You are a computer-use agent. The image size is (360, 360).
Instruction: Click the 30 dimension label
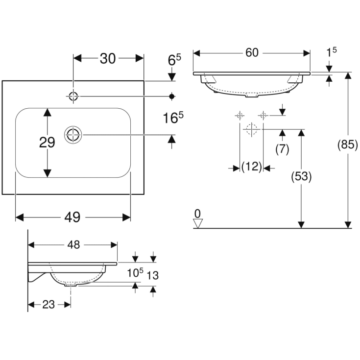pos(108,59)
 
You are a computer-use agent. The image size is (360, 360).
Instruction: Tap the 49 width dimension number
pos(72,217)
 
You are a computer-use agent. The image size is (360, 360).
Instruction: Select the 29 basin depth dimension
pos(47,143)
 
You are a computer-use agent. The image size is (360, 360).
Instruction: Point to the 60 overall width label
pos(252,53)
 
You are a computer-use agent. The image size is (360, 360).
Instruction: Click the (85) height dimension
pos(348,144)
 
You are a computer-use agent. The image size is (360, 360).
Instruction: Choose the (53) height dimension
pos(301,176)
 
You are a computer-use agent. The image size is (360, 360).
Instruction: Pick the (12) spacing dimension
pos(251,166)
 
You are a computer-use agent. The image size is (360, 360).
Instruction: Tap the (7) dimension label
pos(282,149)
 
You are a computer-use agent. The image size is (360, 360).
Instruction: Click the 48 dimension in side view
pos(73,245)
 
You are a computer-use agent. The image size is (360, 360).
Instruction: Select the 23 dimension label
pos(48,305)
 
